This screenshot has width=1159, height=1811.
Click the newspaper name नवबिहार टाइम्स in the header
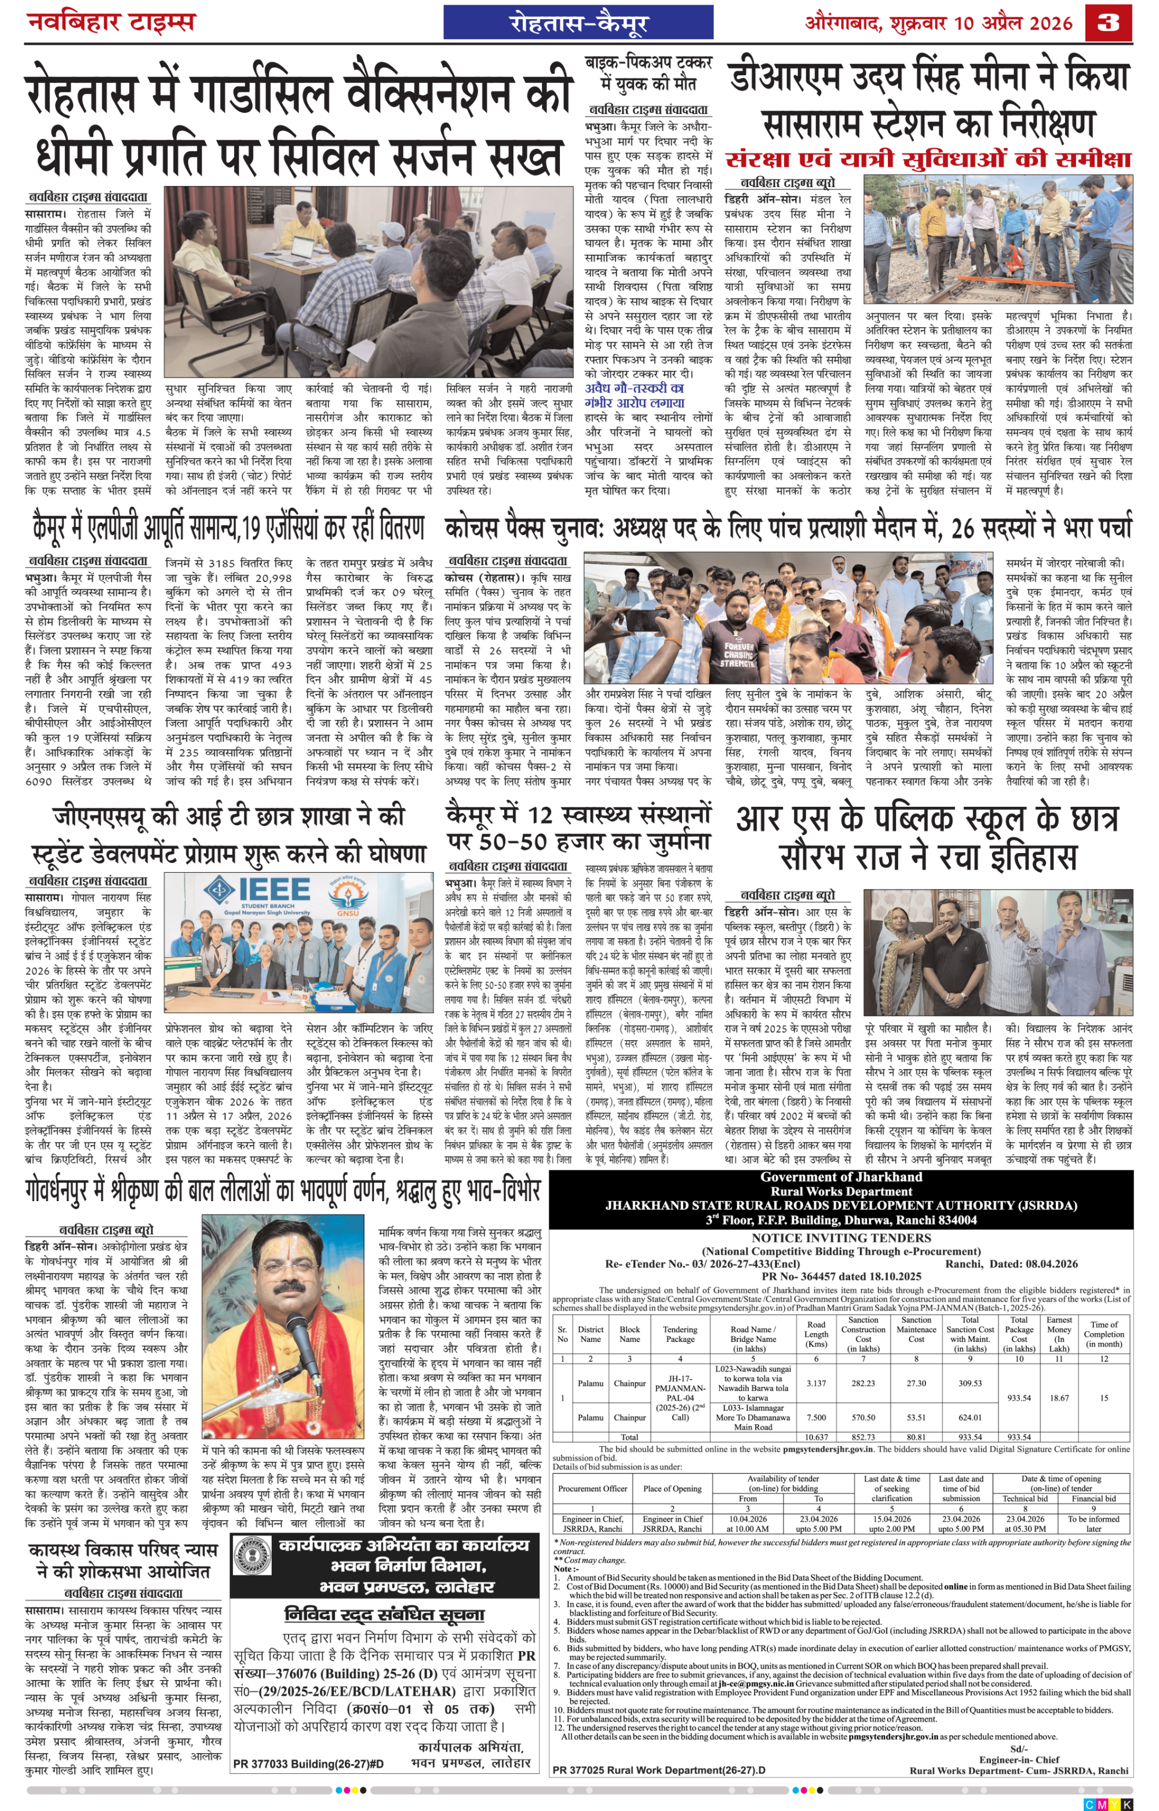pyautogui.click(x=111, y=21)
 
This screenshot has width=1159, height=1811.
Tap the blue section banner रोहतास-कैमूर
pyautogui.click(x=577, y=23)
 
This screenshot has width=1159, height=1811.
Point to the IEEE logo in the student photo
pyautogui.click(x=257, y=894)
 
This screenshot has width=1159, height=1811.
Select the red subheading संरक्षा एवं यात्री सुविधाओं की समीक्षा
pyautogui.click(x=928, y=159)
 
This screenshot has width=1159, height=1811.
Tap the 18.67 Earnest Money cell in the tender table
pyautogui.click(x=1059, y=1397)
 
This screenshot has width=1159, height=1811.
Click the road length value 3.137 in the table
pyautogui.click(x=816, y=1382)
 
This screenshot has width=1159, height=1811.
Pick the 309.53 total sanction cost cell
pyautogui.click(x=970, y=1382)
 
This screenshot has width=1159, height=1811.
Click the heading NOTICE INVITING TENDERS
pyautogui.click(x=841, y=1238)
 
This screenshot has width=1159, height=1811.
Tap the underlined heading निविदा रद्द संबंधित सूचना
pyautogui.click(x=384, y=1614)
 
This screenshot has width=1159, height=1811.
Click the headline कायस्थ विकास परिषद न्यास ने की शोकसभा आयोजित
pyautogui.click(x=123, y=1561)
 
